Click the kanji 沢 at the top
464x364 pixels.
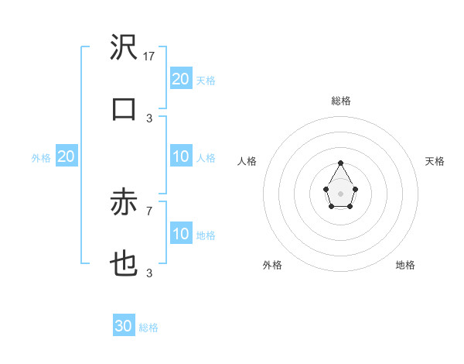[124, 49]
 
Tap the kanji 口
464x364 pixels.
[124, 109]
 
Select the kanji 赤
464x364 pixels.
[124, 204]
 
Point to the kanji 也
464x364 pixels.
[124, 264]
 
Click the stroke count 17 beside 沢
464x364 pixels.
[150, 57]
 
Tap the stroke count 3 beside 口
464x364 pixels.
[149, 118]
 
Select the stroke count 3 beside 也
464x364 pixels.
[149, 273]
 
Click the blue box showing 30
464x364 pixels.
[124, 326]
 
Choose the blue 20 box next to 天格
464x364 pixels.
[181, 79]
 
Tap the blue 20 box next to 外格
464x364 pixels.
[66, 156]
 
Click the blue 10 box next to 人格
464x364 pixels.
[181, 156]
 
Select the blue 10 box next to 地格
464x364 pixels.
[181, 234]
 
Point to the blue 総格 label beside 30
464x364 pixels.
[148, 328]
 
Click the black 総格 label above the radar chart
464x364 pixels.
[340, 101]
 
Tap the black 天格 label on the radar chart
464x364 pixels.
[435, 161]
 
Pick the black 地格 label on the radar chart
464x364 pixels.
[405, 265]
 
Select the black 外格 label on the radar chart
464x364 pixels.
[272, 265]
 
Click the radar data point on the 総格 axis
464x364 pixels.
[340, 163]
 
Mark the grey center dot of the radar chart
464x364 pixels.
[340, 192]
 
